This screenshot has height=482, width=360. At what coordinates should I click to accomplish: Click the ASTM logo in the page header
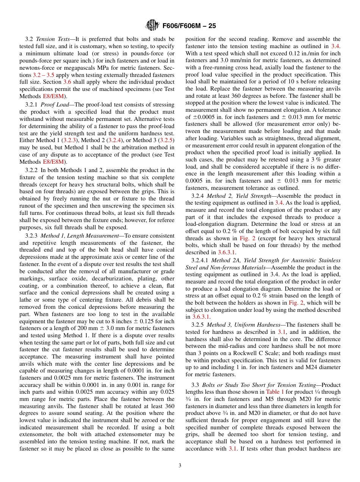click(x=152, y=26)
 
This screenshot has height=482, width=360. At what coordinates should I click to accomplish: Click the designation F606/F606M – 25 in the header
click(x=189, y=26)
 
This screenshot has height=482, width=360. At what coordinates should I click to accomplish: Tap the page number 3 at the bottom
click(x=180, y=466)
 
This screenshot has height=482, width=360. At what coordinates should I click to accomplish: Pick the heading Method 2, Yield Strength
click(x=239, y=196)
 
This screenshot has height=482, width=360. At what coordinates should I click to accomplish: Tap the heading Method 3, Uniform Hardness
click(x=244, y=325)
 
